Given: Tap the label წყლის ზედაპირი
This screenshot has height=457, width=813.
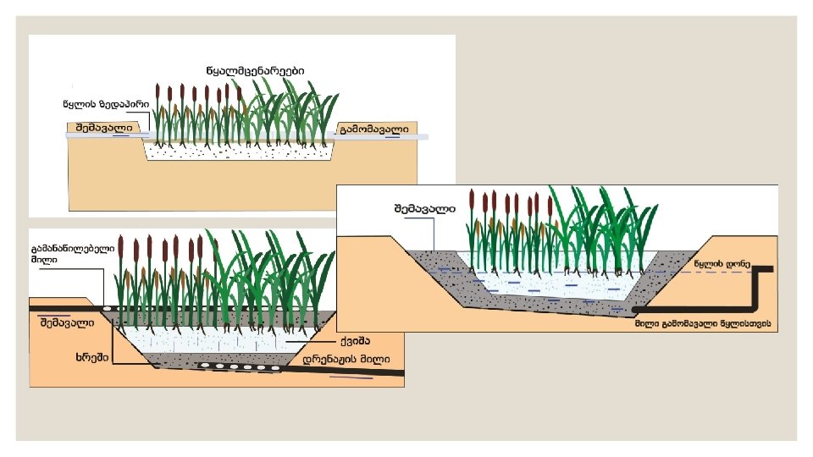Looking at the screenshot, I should (x=107, y=105).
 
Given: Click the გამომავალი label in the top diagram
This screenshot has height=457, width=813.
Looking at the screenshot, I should (x=373, y=129).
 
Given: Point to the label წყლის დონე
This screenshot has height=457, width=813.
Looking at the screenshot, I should (x=722, y=264).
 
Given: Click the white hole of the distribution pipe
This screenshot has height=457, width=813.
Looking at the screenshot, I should (x=109, y=307).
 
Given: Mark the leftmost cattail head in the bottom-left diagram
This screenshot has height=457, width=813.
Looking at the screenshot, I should (x=121, y=248).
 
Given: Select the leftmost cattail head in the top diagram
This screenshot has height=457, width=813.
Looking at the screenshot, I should (x=158, y=91).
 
